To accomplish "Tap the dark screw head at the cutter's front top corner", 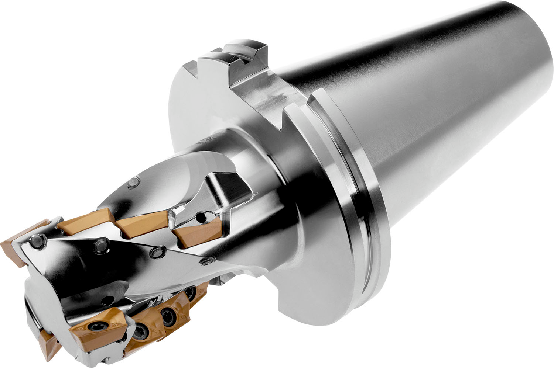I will coord(37,242).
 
